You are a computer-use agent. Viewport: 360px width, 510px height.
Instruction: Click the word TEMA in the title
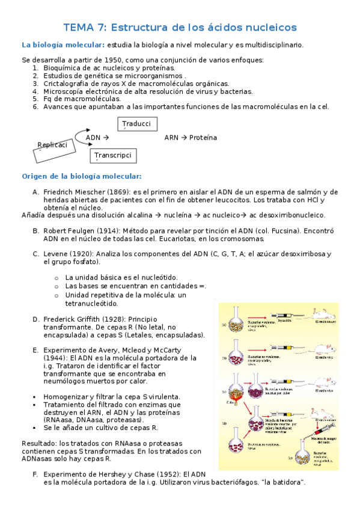[78, 28]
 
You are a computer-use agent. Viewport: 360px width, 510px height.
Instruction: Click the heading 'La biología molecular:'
[63, 45]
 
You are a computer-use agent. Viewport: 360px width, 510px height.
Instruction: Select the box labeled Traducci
[137, 124]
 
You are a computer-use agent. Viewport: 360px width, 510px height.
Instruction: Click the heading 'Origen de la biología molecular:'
[82, 176]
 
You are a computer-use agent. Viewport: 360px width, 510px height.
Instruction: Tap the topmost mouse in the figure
[321, 313]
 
